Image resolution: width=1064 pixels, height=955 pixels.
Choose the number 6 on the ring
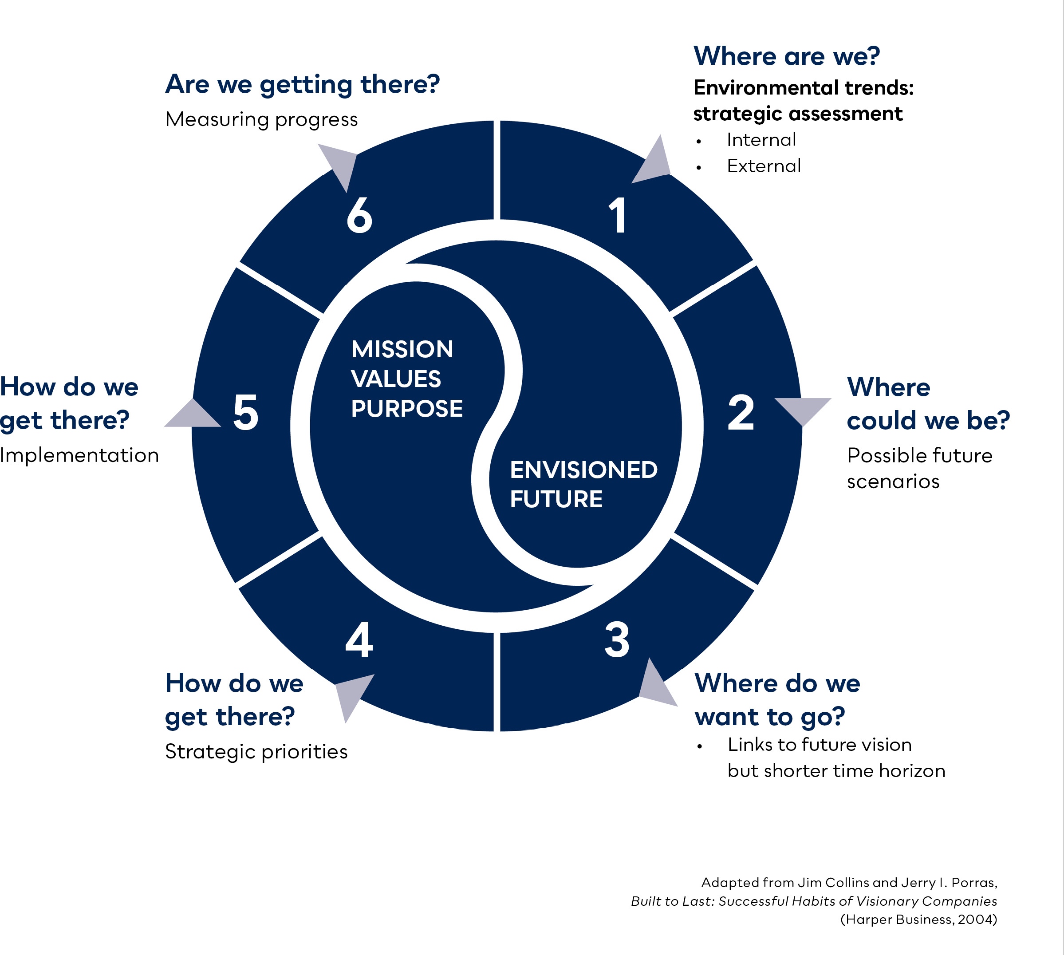pyautogui.click(x=359, y=215)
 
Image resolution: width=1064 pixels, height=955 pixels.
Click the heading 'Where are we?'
pyautogui.click(x=786, y=55)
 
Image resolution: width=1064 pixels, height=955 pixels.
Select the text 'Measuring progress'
pyautogui.click(x=261, y=120)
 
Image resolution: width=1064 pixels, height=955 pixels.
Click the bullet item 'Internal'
pyautogui.click(x=761, y=140)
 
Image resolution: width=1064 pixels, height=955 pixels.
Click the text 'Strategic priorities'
pyautogui.click(x=256, y=752)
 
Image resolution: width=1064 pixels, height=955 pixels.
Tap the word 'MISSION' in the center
pyautogui.click(x=402, y=349)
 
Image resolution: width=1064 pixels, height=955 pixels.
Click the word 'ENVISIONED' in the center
pyautogui.click(x=583, y=470)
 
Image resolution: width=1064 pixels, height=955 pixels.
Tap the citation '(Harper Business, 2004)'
pyautogui.click(x=918, y=919)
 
